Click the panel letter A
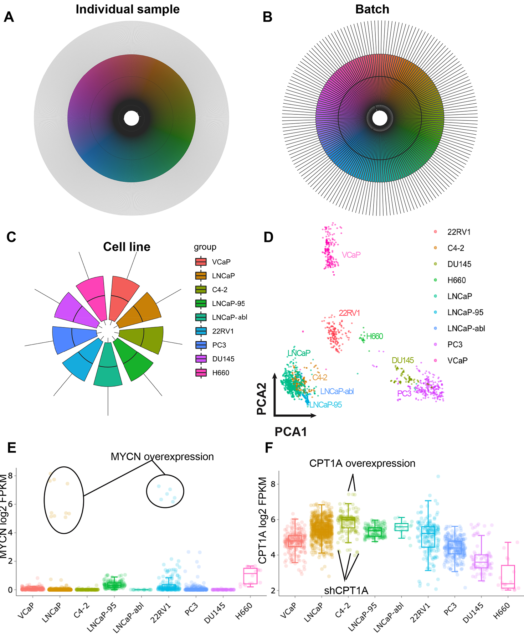coord(9,17)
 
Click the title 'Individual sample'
coord(128,9)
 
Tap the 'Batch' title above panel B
coord(372,9)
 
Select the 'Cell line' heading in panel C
coord(127,247)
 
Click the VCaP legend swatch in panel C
coord(201,262)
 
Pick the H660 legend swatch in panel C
coord(201,373)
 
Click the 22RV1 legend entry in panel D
coord(459,232)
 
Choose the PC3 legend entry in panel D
coord(455,345)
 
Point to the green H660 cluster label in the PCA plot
coord(375,336)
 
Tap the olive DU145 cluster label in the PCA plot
coord(403,360)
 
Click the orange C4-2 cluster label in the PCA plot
coord(320,377)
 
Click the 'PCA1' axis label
coord(291,432)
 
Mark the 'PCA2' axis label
coord(262,399)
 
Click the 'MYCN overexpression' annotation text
coord(162,456)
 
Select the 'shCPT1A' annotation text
coord(346,591)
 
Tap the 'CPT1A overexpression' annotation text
coord(362,463)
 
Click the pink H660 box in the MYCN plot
coord(250,576)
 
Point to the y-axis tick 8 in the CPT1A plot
coord(273,484)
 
